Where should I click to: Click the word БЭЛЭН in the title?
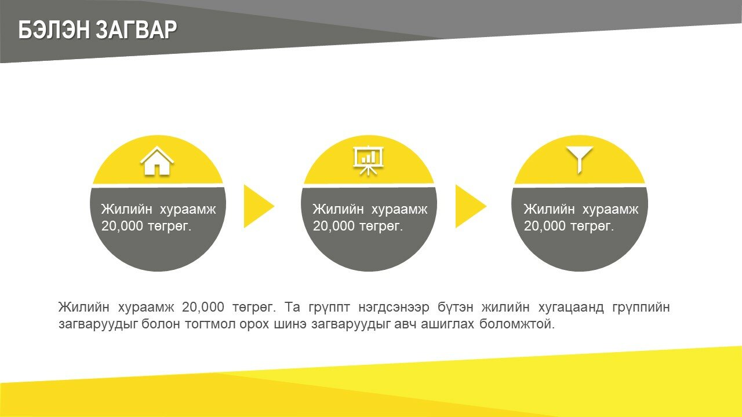coord(54,30)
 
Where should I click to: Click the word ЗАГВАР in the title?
coord(136,30)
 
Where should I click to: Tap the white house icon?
coord(157,161)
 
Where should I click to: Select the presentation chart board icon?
coord(368,161)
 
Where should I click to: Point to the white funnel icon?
coord(579,160)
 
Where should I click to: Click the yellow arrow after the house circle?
coord(259,206)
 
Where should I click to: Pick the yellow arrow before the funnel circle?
coord(471,206)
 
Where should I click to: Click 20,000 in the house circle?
coord(122,226)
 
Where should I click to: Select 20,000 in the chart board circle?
coord(333,226)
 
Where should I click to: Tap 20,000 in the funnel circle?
coord(544,226)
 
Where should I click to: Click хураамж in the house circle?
coord(188,210)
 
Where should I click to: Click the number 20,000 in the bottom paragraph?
coord(203,307)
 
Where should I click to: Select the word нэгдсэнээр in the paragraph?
coord(394,308)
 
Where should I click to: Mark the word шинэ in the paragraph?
coord(290,324)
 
